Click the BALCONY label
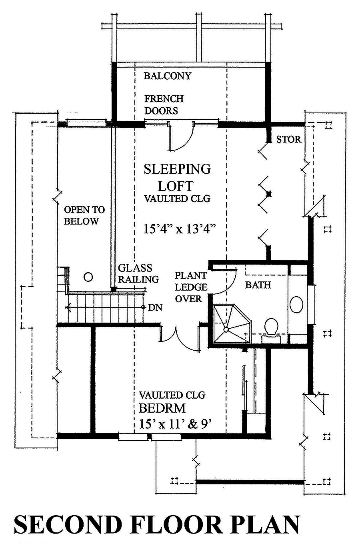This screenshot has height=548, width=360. (168, 76)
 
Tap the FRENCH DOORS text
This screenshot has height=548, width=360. (164, 104)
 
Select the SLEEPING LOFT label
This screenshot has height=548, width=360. (177, 177)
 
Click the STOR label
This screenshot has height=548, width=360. (288, 139)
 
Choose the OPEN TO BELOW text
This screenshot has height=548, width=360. (84, 215)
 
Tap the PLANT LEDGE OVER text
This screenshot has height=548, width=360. (191, 287)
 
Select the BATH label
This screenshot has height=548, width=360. (258, 285)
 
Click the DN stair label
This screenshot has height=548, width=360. (154, 307)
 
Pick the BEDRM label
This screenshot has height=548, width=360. (162, 408)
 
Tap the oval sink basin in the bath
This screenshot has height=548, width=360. (296, 304)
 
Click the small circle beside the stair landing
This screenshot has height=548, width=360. (88, 277)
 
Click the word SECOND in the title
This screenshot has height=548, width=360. (68, 525)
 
